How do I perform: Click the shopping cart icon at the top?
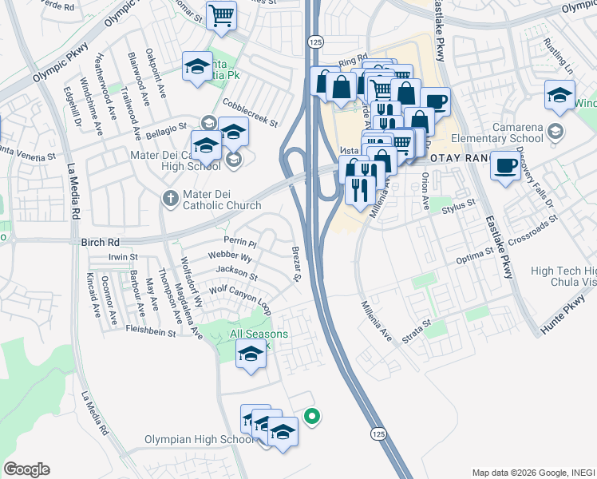tap(221, 14)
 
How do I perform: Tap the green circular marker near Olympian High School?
tap(313, 415)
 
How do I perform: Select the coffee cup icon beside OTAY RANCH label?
tap(504, 165)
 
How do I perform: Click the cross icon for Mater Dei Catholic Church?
tap(170, 197)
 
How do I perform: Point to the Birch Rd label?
tap(101, 240)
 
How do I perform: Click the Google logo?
tap(26, 469)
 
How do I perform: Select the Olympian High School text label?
tap(200, 440)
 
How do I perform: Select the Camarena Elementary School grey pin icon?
tap(556, 130)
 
